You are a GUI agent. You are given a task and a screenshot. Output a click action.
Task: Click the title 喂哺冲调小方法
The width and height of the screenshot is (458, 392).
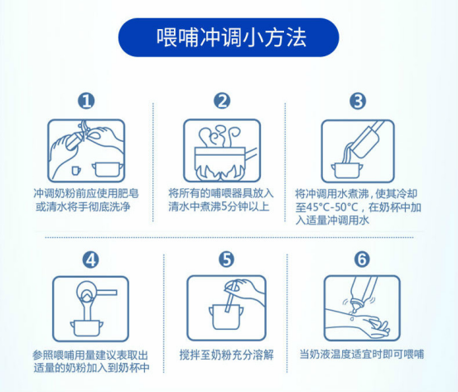(229, 37)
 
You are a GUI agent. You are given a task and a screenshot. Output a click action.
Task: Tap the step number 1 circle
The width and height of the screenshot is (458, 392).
(87, 101)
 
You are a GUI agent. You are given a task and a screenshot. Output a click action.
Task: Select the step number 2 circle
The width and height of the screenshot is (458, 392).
(221, 101)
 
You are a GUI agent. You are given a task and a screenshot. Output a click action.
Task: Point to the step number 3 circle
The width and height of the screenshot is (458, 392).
(358, 101)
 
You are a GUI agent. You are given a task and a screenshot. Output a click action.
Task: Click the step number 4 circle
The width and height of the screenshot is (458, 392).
(91, 259)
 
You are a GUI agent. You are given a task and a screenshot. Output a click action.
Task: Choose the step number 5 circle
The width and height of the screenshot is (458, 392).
(226, 259)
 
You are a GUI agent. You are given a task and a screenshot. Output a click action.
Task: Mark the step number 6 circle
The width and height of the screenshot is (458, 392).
(360, 259)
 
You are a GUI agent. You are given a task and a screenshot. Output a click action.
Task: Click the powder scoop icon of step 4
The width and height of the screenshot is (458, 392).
(90, 307)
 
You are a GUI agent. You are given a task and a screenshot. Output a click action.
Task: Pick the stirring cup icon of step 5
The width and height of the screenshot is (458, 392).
(224, 307)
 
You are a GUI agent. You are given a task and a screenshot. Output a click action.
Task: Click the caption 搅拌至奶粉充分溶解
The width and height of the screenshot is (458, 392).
(224, 354)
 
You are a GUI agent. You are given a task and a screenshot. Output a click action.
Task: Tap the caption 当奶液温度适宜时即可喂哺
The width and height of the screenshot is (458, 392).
(361, 354)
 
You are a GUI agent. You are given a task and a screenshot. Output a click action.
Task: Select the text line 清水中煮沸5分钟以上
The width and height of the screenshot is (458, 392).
(219, 205)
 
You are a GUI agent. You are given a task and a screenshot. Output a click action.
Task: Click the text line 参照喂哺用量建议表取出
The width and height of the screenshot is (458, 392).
(90, 354)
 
